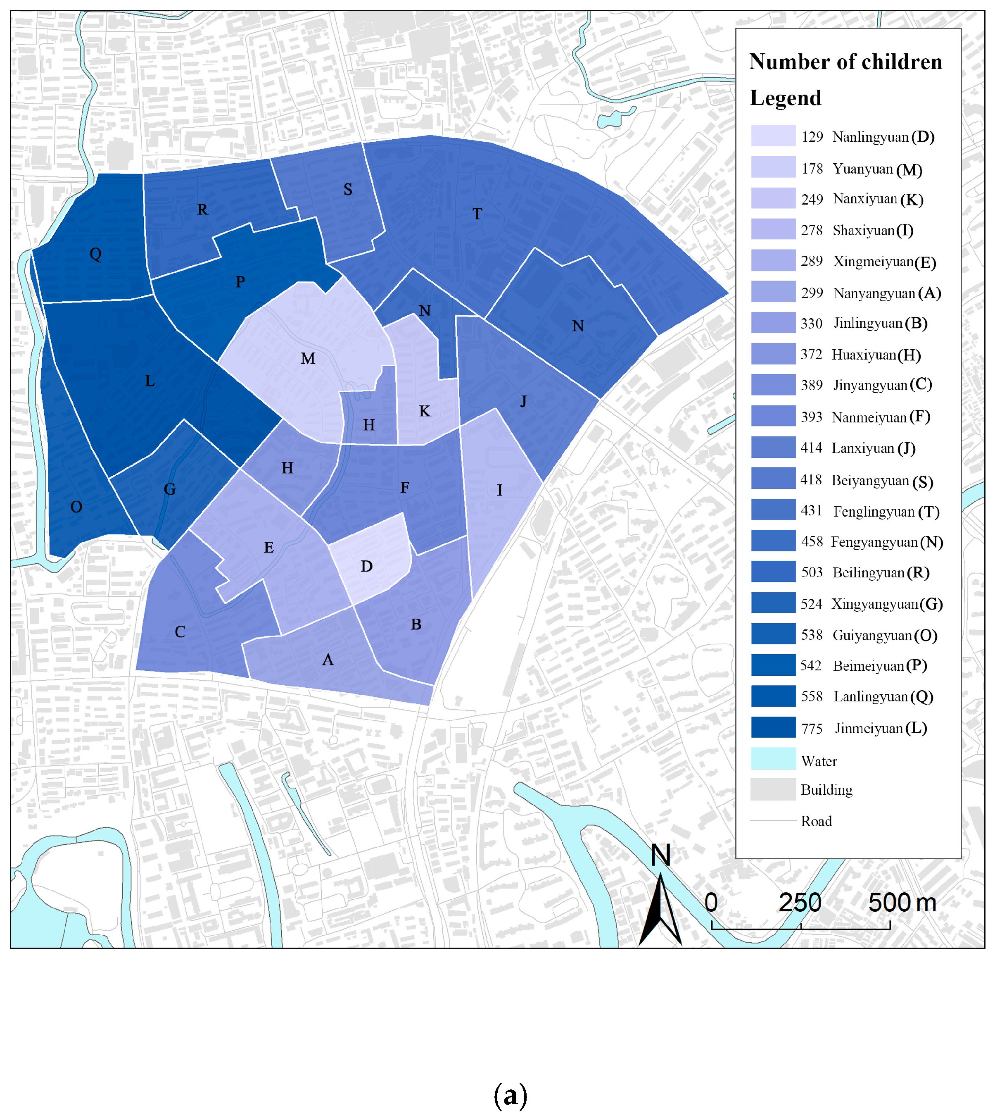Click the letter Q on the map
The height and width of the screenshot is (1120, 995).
point(95,254)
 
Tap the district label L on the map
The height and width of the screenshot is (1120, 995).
point(150,381)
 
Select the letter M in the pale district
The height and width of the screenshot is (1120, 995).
point(308,358)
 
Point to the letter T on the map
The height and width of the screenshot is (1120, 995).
point(477,214)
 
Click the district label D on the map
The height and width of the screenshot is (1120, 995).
point(366,566)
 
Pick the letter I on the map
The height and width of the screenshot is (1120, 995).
point(499,490)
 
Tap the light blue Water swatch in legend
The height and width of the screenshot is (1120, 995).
point(773,758)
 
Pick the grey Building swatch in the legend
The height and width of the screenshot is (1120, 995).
point(773,789)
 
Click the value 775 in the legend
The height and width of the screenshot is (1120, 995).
point(812,729)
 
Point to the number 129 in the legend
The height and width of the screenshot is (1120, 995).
point(812,137)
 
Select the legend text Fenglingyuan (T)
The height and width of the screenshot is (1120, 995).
point(886,512)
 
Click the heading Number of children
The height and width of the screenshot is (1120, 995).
point(845,62)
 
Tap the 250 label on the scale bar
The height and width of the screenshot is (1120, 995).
point(800,903)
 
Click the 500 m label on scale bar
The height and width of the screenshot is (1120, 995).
point(902,903)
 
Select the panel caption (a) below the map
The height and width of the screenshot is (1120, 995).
point(511,1095)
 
